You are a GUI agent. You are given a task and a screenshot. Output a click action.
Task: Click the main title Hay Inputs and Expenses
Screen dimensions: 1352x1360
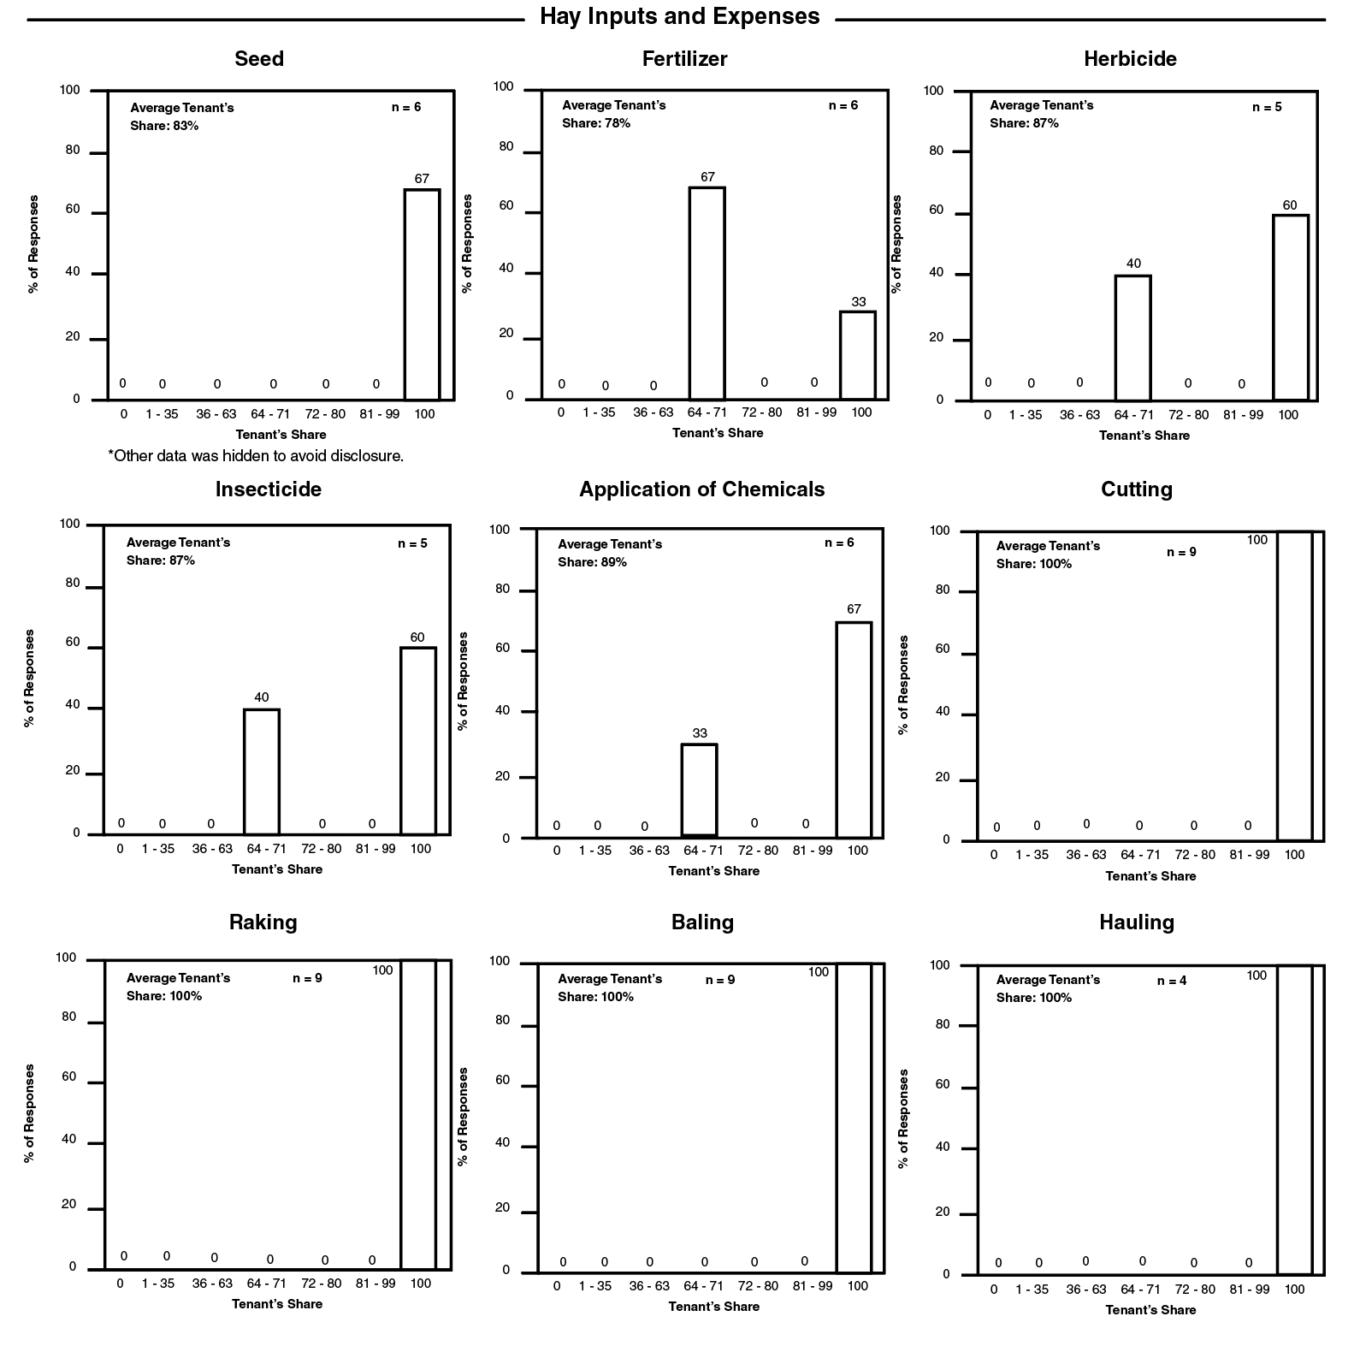(679, 16)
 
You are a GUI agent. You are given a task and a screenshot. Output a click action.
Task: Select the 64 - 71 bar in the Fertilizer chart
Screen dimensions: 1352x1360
(707, 293)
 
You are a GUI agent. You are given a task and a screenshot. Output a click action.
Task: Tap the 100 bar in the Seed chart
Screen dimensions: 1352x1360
(422, 294)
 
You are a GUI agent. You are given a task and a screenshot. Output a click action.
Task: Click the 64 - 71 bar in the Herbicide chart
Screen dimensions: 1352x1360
(1132, 337)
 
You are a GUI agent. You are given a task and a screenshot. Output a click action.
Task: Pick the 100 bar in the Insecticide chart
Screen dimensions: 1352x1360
(417, 740)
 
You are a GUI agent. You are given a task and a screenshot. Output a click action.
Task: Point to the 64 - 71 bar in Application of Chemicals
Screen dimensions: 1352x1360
(699, 790)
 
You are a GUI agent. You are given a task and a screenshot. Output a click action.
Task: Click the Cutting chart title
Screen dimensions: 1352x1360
(1136, 489)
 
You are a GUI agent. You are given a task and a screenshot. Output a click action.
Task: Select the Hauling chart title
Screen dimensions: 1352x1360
(1136, 922)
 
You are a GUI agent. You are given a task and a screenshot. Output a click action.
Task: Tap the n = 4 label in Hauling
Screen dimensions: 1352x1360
(1171, 981)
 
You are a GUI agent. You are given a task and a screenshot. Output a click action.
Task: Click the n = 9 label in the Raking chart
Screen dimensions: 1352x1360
(307, 978)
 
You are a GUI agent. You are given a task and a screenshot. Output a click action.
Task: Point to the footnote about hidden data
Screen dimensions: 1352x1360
(256, 456)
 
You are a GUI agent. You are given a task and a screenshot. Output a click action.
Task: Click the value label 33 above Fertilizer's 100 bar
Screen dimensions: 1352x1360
(858, 302)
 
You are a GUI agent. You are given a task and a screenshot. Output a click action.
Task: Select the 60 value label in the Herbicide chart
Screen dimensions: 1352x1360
(1289, 205)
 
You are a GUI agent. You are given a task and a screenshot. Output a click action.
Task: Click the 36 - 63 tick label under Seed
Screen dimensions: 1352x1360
(216, 414)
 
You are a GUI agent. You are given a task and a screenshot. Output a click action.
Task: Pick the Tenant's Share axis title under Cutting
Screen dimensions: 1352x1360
(1150, 876)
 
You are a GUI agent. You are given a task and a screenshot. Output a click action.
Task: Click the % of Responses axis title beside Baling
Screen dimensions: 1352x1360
(463, 1116)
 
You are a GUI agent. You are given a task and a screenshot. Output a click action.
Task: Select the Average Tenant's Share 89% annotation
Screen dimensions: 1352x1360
(609, 553)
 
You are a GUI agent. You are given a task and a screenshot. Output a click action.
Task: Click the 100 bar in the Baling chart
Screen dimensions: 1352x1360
(853, 1118)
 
